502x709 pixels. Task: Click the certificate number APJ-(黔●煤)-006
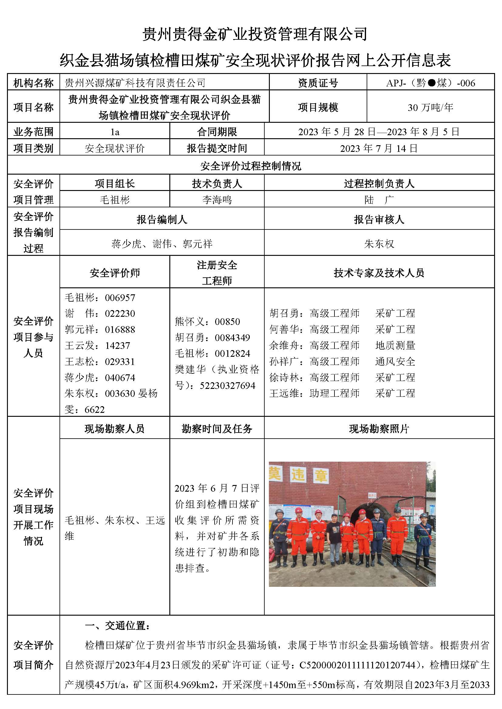click(x=430, y=83)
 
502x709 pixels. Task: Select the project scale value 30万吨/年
click(x=430, y=108)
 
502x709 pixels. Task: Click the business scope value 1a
click(x=115, y=132)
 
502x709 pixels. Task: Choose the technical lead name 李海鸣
click(x=217, y=200)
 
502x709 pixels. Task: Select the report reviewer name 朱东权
click(x=379, y=244)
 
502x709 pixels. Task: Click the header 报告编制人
click(x=162, y=219)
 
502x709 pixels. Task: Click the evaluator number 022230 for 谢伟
click(x=120, y=314)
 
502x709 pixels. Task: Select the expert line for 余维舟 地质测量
click(x=342, y=346)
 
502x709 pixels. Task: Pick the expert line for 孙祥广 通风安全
click(x=342, y=362)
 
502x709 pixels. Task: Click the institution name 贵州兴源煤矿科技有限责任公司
click(x=135, y=83)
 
